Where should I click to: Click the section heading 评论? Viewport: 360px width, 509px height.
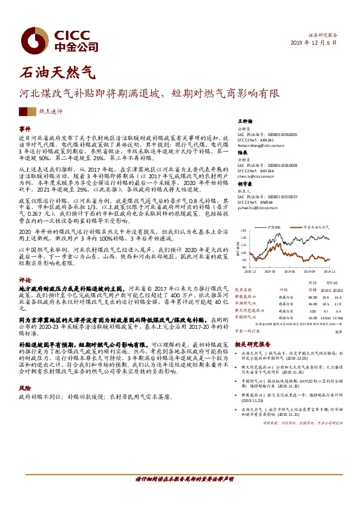(x=25, y=280)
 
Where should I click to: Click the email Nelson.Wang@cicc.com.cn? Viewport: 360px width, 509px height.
(x=261, y=146)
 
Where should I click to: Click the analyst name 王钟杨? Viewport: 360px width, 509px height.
(x=245, y=122)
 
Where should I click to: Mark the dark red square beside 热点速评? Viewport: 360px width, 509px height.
(x=23, y=111)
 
